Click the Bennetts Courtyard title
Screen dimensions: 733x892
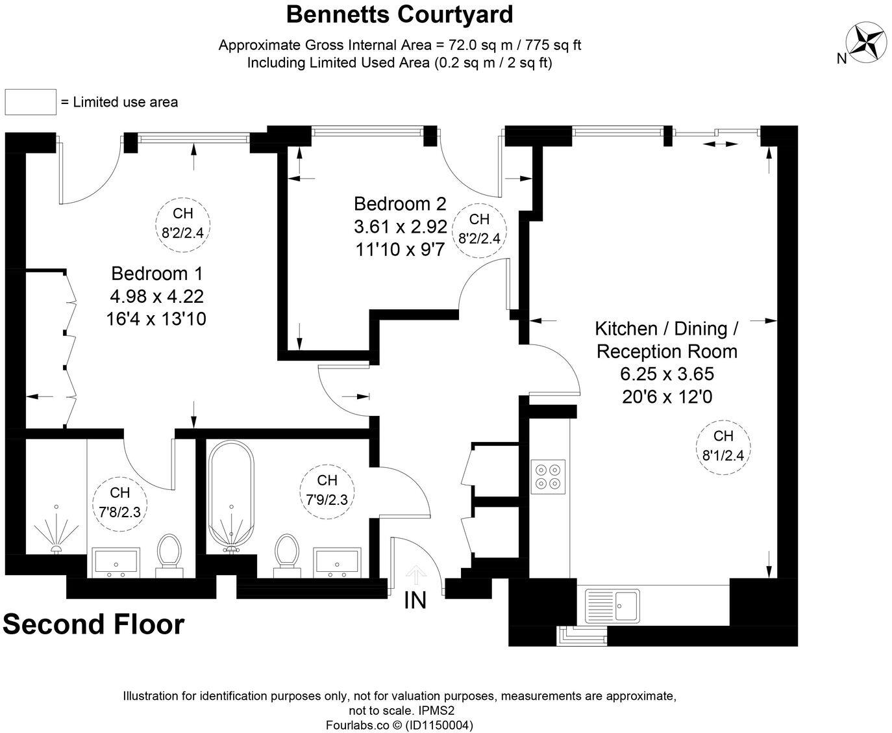(399, 14)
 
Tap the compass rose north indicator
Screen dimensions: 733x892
(866, 43)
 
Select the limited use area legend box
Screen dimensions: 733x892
(31, 102)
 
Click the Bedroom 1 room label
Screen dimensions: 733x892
(156, 273)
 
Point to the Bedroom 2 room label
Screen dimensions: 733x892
(400, 204)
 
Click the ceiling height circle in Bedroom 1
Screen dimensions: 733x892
(183, 222)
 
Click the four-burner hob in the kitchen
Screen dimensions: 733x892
(548, 476)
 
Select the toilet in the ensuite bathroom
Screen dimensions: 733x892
(169, 552)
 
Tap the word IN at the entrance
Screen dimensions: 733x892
(415, 600)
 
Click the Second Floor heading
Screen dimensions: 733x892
(94, 624)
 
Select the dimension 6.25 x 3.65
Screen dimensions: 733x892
(667, 374)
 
